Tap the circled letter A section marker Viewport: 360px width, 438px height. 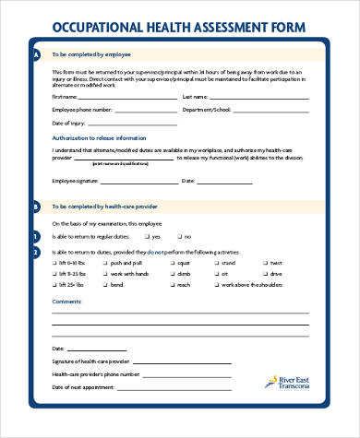[x=35, y=55]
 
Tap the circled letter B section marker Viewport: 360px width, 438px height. [x=35, y=207]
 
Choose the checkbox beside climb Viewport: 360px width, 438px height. [x=173, y=274]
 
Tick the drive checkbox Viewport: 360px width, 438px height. [x=265, y=274]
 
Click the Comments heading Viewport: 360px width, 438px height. [x=66, y=302]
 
